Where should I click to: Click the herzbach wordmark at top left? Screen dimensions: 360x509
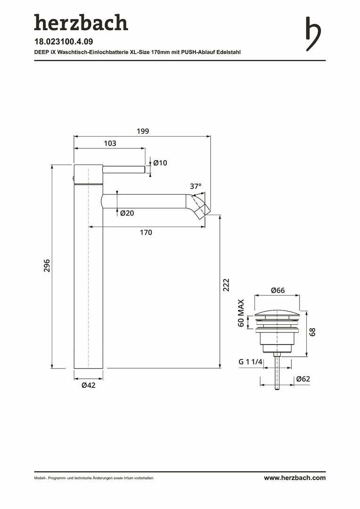pos(81,23)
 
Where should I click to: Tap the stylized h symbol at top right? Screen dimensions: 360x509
pos(313,34)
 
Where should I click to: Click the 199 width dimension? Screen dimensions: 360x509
pos(143,131)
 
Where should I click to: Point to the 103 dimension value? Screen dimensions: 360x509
pos(110,143)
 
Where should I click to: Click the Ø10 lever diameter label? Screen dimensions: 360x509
pos(160,163)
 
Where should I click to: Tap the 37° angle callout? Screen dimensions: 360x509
pos(196,186)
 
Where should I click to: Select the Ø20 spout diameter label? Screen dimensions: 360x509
pos(127,213)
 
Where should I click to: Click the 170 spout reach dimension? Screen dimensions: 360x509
pos(146,232)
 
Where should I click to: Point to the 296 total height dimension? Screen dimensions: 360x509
pos(47,265)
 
